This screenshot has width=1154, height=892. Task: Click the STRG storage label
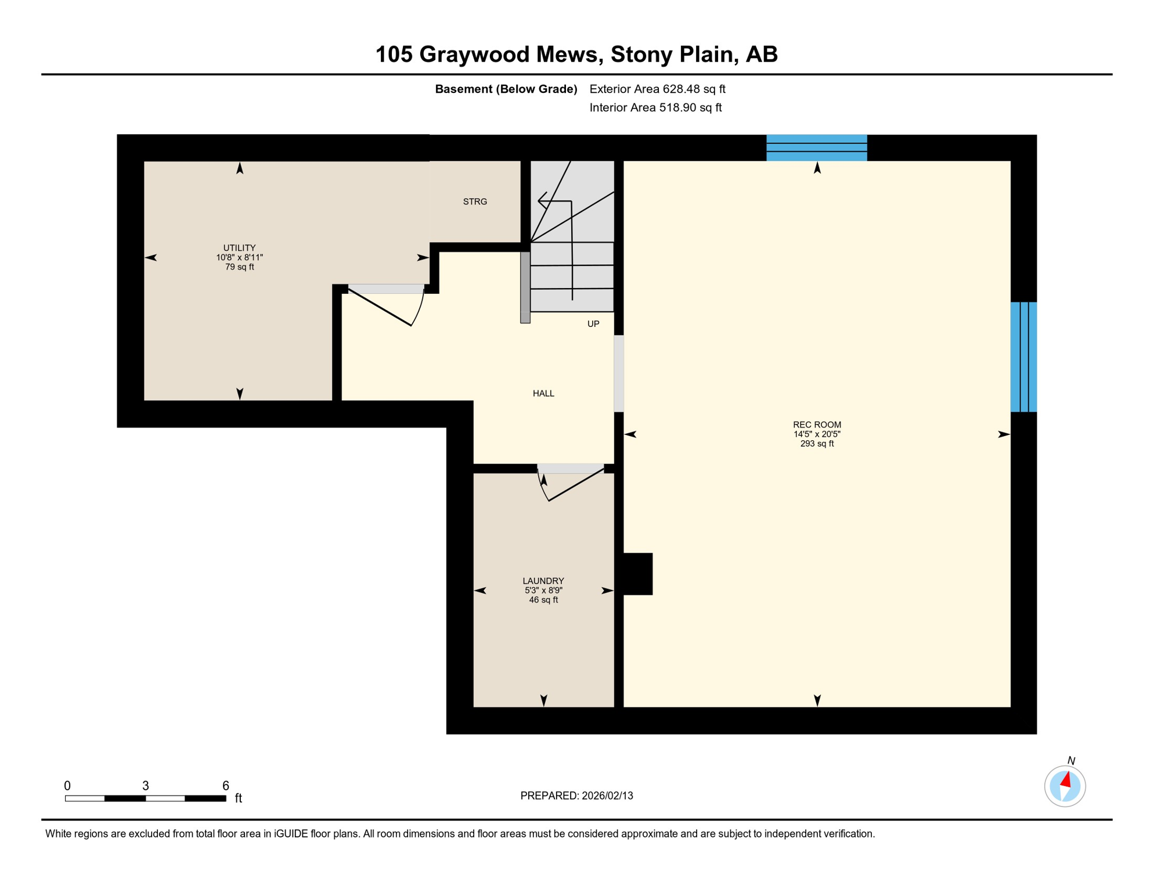point(475,202)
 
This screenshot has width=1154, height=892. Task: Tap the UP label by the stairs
point(593,324)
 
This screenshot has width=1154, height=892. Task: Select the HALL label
point(543,394)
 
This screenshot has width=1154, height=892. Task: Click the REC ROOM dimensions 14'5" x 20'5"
point(817,434)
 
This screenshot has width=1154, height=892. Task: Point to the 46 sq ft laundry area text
point(543,600)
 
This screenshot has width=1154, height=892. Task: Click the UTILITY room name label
point(240,248)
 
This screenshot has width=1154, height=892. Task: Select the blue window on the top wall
point(817,148)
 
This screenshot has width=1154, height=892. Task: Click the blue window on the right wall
point(1023,357)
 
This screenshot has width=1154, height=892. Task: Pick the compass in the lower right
point(1065,786)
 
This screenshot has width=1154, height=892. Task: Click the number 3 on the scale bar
point(146,786)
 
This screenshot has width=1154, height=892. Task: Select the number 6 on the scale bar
point(226,786)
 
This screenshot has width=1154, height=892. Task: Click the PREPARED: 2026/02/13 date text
point(576,796)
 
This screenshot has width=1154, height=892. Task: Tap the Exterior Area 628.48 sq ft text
point(657,89)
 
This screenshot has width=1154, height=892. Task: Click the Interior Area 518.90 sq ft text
point(655,107)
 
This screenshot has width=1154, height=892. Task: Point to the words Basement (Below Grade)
point(506,89)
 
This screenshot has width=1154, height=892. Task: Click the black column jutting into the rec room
point(637,574)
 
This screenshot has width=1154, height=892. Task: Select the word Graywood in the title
point(508,55)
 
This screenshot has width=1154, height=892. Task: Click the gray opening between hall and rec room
point(619,373)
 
